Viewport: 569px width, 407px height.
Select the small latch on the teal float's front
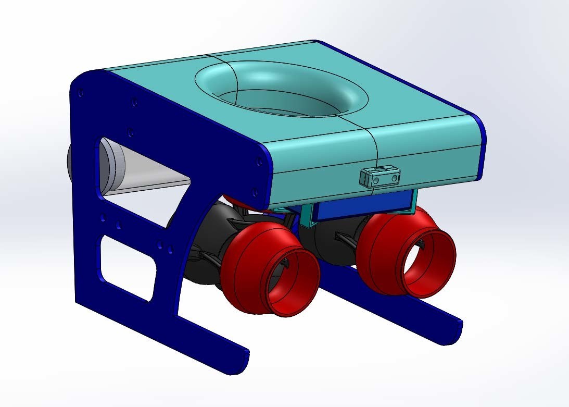coord(380,176)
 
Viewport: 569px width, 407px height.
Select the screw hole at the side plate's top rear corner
coord(80,94)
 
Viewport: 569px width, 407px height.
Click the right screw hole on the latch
coord(394,178)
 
